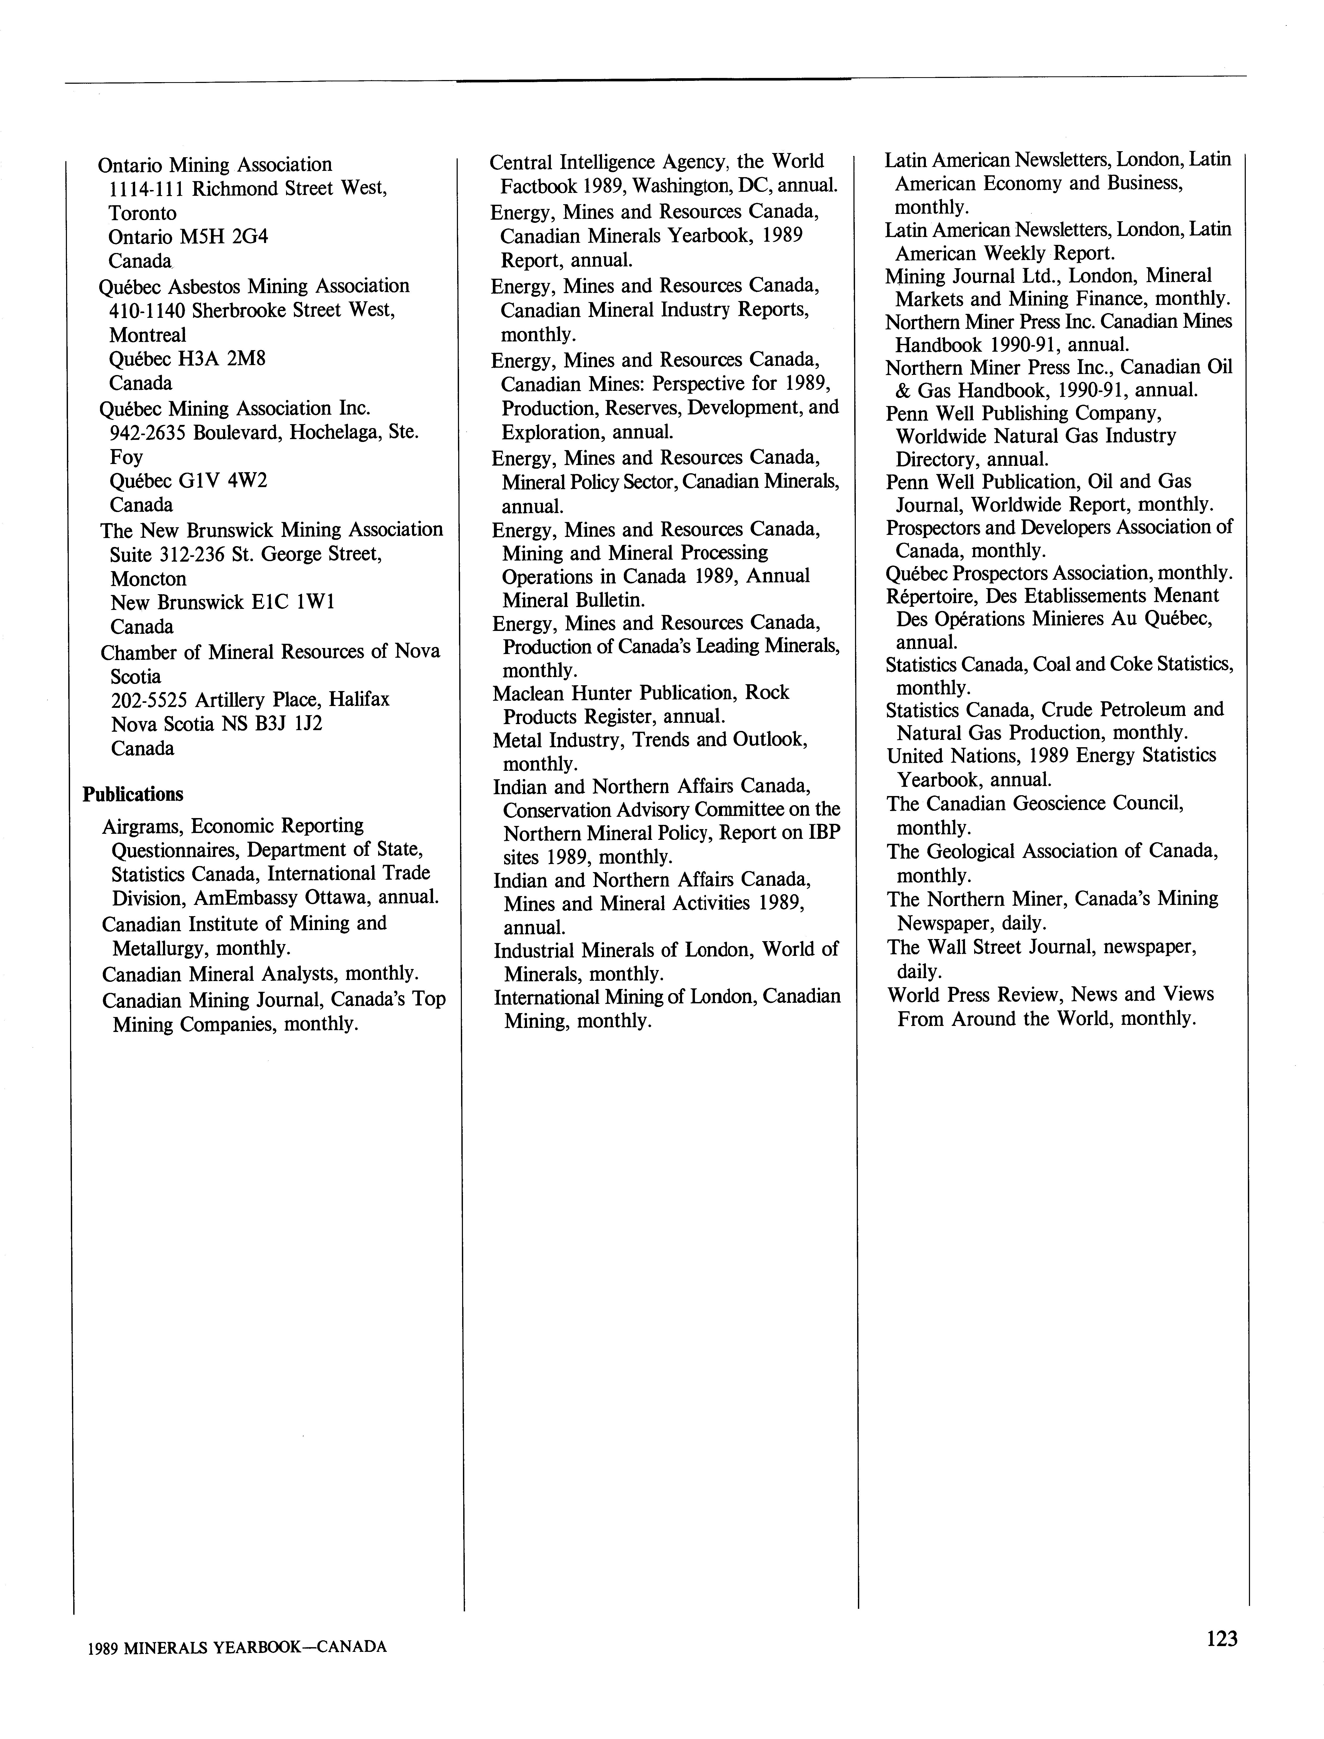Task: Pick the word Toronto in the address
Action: pyautogui.click(x=143, y=213)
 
